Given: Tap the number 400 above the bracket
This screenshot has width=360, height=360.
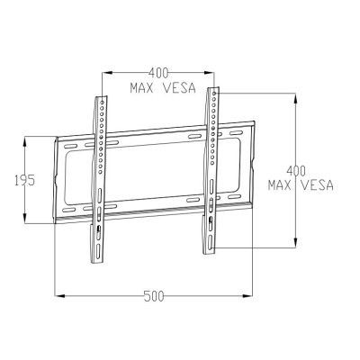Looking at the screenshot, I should pyautogui.click(x=158, y=71).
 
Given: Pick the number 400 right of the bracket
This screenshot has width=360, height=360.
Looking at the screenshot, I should pyautogui.click(x=294, y=170).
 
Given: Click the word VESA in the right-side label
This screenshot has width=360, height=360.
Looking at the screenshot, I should pyautogui.click(x=315, y=185).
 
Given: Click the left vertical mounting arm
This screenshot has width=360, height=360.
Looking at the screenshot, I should pyautogui.click(x=101, y=171).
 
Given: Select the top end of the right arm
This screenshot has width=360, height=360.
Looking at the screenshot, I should pyautogui.click(x=213, y=88).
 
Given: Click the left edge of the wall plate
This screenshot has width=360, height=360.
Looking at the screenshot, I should pyautogui.click(x=57, y=180).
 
